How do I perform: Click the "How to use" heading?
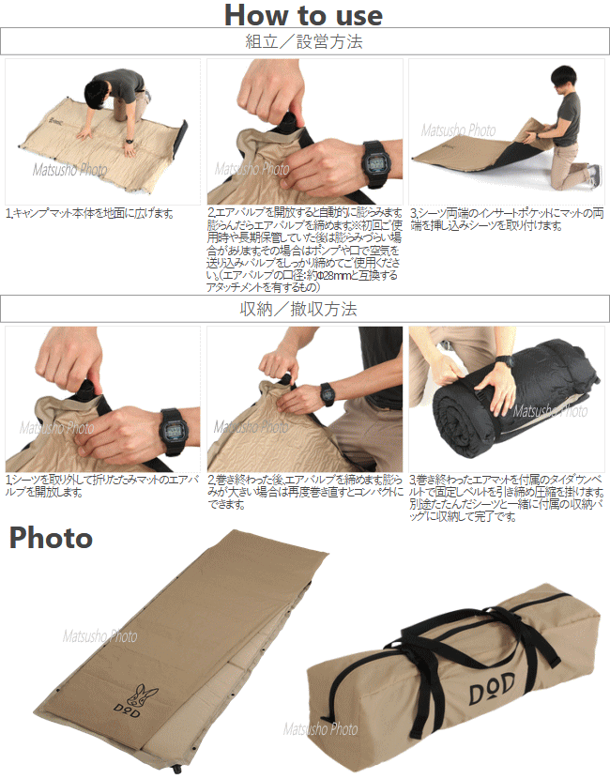[x=303, y=15]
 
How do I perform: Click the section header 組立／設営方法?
[x=304, y=42]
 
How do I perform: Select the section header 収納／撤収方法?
[x=304, y=309]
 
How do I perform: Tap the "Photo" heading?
[x=51, y=538]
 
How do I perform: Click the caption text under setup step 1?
[x=90, y=214]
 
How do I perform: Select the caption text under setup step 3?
[x=507, y=220]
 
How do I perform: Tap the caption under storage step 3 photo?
[x=507, y=503]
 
